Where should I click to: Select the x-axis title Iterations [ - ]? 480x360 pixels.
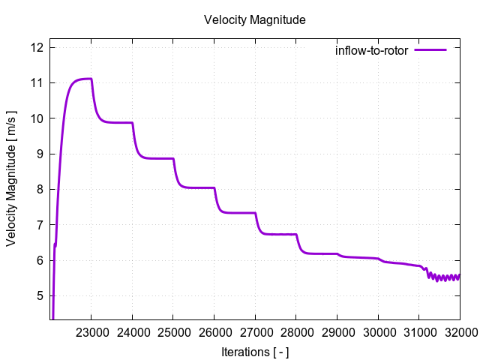click(254, 352)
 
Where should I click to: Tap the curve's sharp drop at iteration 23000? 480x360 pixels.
click(94, 101)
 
